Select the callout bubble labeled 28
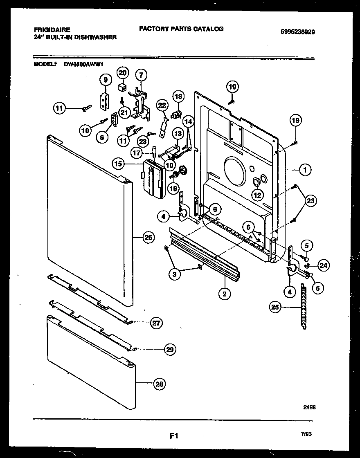click(160, 384)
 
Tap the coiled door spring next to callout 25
click(303, 307)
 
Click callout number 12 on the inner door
click(257, 195)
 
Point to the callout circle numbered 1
click(305, 169)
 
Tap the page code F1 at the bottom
click(174, 436)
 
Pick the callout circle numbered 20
click(123, 73)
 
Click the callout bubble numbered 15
click(118, 164)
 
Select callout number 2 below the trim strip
click(224, 293)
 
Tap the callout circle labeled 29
click(170, 349)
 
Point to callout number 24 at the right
click(324, 266)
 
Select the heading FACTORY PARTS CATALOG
click(181, 29)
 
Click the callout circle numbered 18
click(178, 97)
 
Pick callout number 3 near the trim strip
click(175, 274)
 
